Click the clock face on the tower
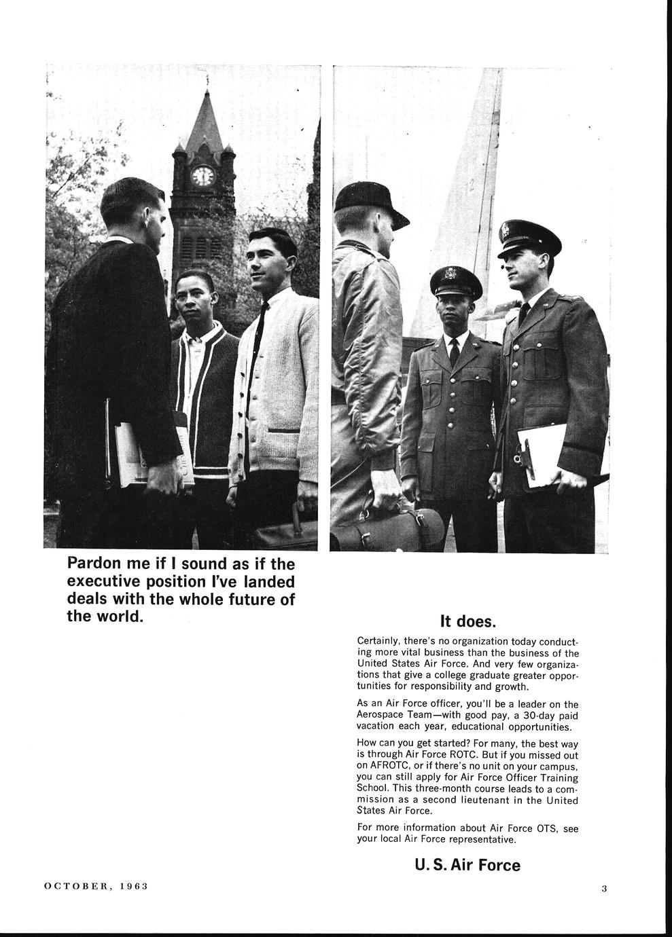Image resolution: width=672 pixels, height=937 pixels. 203,177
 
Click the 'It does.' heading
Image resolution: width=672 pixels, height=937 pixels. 468,621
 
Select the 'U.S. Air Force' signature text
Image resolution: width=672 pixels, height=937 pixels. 467,865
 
